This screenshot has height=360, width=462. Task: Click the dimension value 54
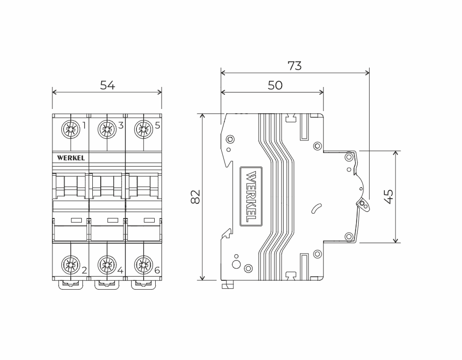pos(108,85)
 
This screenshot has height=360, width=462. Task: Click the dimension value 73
pos(295,66)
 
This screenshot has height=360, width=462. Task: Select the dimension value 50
pos(275,85)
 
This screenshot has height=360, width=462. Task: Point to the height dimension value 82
pos(195,197)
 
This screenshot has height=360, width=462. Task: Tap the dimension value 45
pos(389,197)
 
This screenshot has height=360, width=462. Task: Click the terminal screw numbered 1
pos(70,128)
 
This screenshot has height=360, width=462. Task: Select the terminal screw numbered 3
pos(107,128)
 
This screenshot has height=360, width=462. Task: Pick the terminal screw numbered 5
pos(143,128)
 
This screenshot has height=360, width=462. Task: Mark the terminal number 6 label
pos(157,271)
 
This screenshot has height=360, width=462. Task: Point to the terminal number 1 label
pos(84,126)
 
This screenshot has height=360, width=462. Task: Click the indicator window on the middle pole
pos(112,220)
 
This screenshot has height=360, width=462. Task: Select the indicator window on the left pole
pos(76,220)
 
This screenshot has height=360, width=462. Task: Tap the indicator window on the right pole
pos(148,220)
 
